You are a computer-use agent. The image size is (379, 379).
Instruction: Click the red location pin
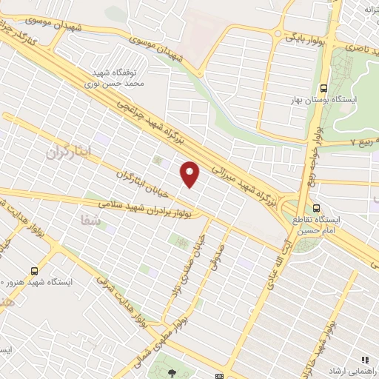click(x=191, y=173)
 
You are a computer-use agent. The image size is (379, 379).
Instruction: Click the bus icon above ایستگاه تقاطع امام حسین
click(x=317, y=208)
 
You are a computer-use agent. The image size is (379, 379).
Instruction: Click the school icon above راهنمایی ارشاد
click(x=364, y=360)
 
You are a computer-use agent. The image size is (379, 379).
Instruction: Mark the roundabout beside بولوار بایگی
click(x=278, y=33)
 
